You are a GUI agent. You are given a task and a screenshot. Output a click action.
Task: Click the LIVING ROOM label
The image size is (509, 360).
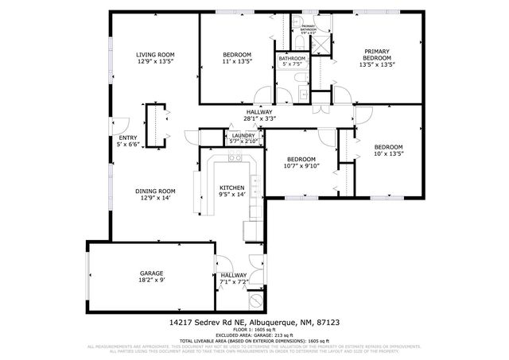(x=155, y=54)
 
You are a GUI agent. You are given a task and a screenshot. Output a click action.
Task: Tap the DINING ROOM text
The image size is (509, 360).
(x=155, y=191)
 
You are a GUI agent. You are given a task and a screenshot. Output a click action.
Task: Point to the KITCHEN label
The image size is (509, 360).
(x=231, y=188)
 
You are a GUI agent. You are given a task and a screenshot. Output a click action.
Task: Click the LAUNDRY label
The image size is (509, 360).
(x=243, y=136)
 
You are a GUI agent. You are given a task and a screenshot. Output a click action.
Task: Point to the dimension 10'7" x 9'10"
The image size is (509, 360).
(x=302, y=165)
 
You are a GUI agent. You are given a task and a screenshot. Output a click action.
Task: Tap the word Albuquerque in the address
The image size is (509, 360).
(x=268, y=323)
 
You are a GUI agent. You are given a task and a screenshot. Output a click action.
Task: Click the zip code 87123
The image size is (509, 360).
(x=328, y=323)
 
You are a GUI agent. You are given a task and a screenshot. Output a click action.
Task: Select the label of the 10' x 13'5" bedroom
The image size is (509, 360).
(x=389, y=147)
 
